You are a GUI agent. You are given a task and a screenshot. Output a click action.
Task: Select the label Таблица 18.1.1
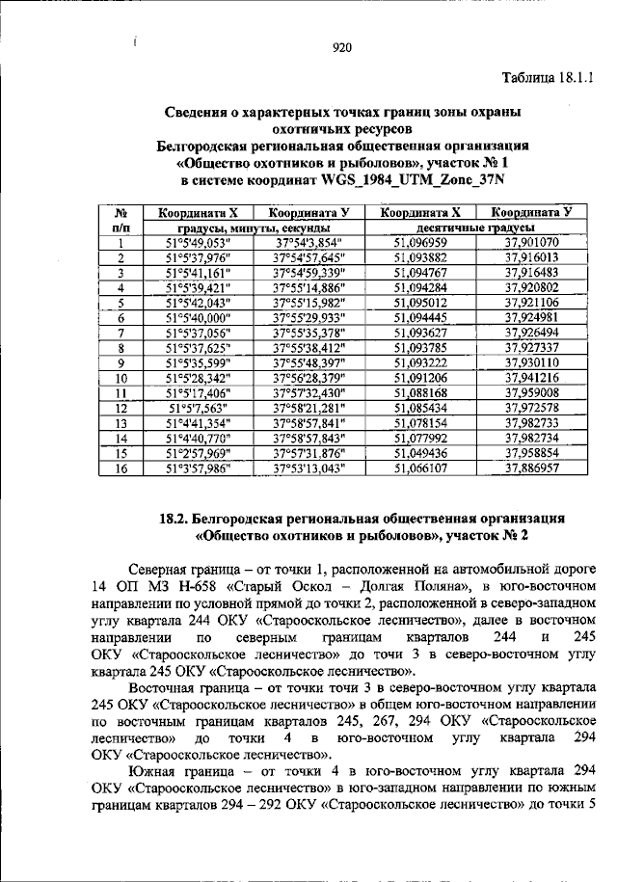548,77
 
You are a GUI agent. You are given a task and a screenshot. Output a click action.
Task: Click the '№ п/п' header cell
122,220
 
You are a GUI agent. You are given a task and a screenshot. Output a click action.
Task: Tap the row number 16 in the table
121,468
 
